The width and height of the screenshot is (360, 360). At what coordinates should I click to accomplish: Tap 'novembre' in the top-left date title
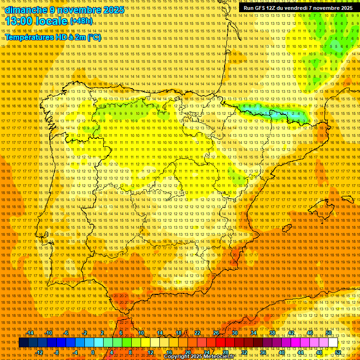[76, 10]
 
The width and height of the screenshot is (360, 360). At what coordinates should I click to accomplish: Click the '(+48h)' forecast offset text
[81, 21]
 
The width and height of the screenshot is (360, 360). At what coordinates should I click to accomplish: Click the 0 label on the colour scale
[93, 352]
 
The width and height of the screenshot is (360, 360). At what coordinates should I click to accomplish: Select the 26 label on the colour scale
[216, 333]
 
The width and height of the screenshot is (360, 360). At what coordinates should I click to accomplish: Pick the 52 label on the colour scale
[338, 352]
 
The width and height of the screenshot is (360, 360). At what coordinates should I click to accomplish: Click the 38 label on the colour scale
[272, 333]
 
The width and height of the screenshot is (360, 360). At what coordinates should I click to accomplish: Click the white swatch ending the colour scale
[333, 343]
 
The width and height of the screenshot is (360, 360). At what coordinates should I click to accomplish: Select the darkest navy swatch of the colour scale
[23, 343]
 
